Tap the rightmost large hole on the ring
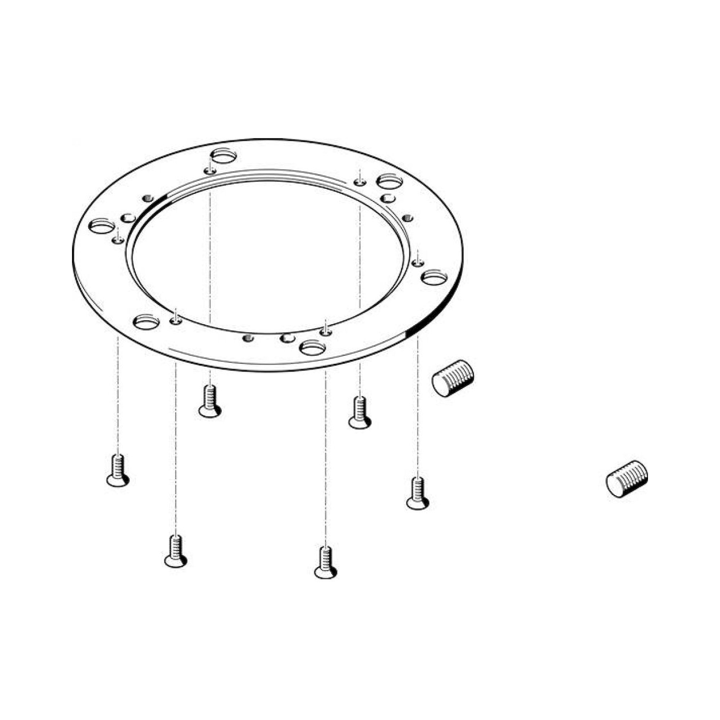pos(435,277)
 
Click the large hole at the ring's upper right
pos(390,181)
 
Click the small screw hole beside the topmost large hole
pos(210,171)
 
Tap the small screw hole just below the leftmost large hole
pos(118,240)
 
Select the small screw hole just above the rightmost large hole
pos(418,263)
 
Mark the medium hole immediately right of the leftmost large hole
pos(129,218)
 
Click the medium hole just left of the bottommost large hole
pos(287,338)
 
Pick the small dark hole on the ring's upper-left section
pos(148,198)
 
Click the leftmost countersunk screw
pos(118,472)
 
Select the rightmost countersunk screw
pos(418,495)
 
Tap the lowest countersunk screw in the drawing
pos(326,564)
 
